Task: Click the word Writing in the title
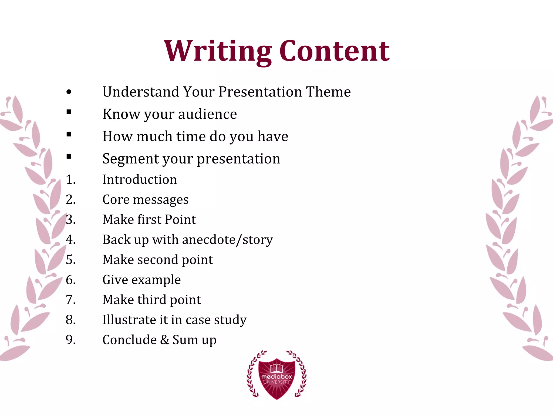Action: point(217,51)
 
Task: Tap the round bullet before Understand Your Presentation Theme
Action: point(69,92)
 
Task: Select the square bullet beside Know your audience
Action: point(69,112)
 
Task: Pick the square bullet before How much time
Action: point(69,134)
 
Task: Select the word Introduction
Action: point(140,180)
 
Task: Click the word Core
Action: point(116,200)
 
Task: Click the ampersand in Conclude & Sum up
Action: point(164,340)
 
